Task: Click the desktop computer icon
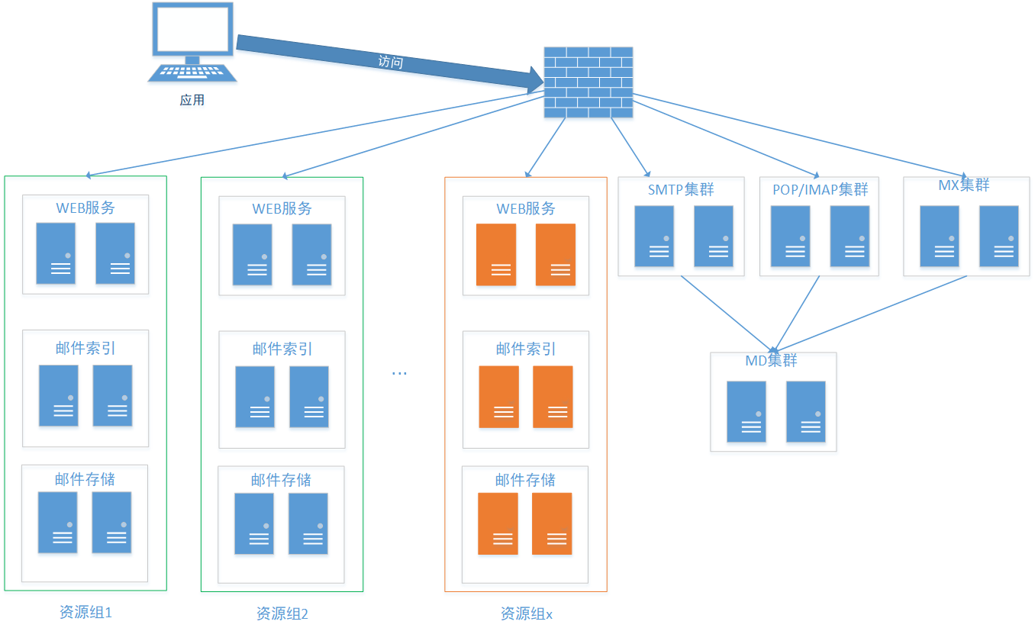tap(192, 42)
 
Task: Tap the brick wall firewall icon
tap(588, 82)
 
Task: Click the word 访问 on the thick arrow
tap(390, 62)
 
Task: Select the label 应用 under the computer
tap(192, 100)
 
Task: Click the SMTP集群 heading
tap(681, 189)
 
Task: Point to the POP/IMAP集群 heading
tap(821, 189)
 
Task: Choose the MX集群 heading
tap(963, 185)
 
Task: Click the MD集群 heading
tap(771, 360)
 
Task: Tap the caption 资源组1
tap(85, 612)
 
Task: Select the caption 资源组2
tap(282, 613)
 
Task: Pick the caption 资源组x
tap(526, 613)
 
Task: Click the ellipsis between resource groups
tap(399, 373)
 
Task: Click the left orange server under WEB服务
tap(495, 255)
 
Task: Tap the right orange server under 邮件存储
tap(552, 523)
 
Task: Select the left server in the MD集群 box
tap(746, 411)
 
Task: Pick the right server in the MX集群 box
tap(999, 236)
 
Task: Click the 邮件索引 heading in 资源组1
tap(85, 348)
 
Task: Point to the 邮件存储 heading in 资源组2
tap(281, 480)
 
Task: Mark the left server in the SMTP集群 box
tap(654, 236)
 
